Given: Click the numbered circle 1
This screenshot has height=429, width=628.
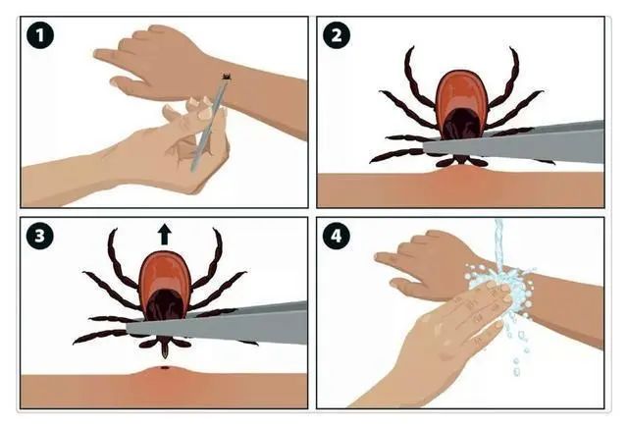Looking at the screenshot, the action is click(x=40, y=35).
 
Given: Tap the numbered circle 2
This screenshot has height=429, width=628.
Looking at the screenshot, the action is click(x=337, y=35).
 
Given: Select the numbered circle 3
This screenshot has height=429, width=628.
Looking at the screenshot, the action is click(x=40, y=236).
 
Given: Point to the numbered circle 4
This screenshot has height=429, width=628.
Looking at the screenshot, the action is click(x=337, y=236).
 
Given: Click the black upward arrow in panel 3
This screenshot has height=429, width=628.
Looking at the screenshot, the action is click(x=164, y=235).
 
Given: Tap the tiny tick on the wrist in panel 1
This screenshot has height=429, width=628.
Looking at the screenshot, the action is click(x=227, y=77).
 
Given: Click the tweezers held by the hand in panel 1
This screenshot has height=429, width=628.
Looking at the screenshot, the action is click(x=209, y=123).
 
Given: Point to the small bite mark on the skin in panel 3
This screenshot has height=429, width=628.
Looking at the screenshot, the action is click(x=164, y=368).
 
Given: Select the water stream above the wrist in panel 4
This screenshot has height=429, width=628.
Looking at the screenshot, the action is click(x=499, y=244).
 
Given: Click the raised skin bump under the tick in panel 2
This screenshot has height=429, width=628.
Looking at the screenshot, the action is click(x=460, y=173).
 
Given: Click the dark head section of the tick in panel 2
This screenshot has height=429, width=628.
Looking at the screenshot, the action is click(x=461, y=124).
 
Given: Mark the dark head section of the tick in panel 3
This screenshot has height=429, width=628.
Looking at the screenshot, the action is click(x=164, y=304).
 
